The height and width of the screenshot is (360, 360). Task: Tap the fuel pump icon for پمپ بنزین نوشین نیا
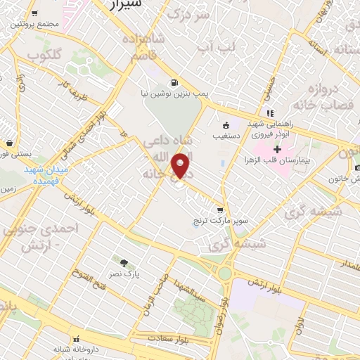pos(174,82)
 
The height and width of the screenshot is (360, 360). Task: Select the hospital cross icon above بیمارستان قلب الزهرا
pos(278,149)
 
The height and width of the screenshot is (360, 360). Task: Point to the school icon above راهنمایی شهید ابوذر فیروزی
pos(269,112)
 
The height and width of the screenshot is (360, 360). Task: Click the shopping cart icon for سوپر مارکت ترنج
pos(220,210)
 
